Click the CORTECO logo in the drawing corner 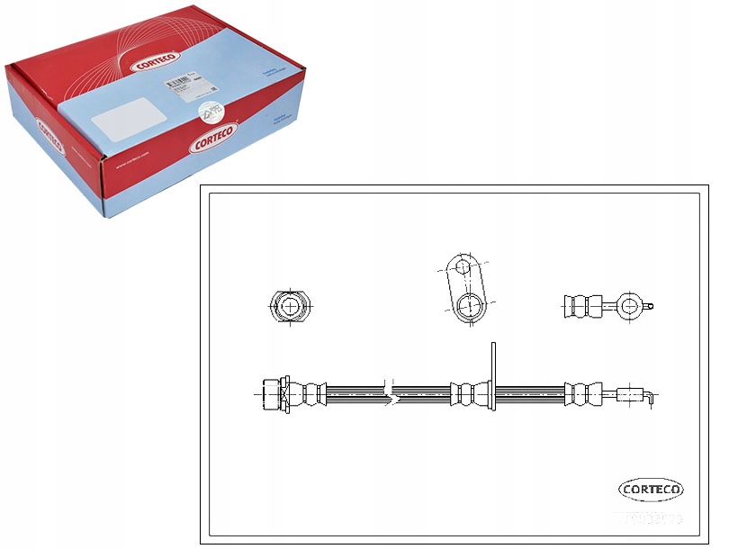(651, 490)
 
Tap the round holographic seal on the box (210, 109)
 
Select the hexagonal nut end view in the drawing (290, 308)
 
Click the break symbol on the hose (389, 392)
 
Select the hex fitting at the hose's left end (272, 392)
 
